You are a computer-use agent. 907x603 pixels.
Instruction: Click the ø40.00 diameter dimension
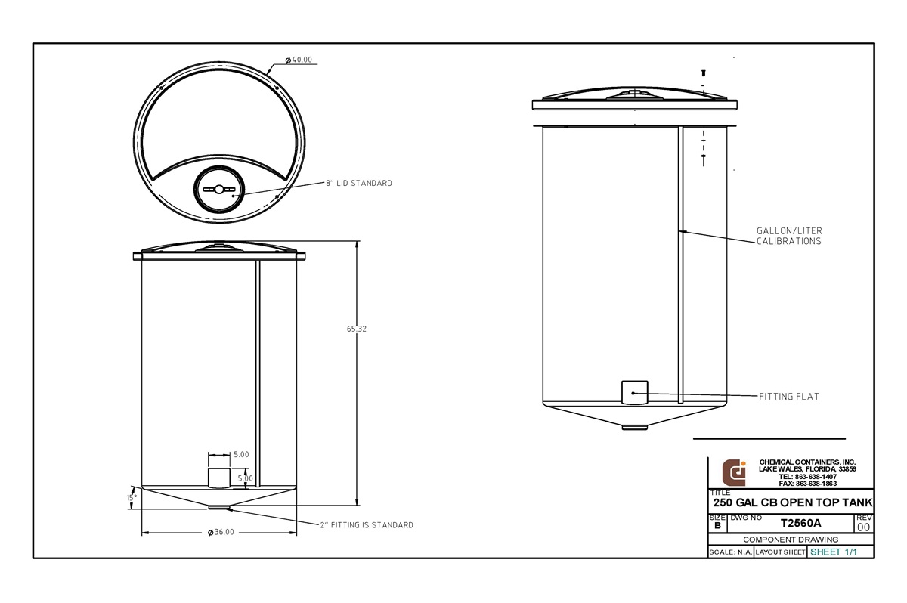click(299, 60)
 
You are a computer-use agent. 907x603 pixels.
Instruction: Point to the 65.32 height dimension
click(358, 329)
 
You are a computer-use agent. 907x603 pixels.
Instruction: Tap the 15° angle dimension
click(131, 498)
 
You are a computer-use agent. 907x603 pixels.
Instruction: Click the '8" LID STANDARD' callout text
click(359, 184)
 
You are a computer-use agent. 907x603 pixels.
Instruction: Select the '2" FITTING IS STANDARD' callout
click(366, 525)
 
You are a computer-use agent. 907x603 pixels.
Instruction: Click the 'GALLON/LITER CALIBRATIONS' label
click(789, 236)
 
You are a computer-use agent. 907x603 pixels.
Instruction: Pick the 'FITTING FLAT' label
click(789, 396)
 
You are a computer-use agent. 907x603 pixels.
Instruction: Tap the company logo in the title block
click(734, 472)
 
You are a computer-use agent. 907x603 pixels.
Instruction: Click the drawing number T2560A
click(800, 523)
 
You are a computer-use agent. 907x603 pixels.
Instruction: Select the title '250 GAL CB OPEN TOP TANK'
click(793, 503)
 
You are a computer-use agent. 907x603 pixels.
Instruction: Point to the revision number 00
click(863, 527)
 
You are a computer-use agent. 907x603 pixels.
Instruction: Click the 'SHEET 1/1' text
click(834, 552)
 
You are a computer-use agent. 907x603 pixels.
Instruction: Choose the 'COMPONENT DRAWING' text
click(791, 540)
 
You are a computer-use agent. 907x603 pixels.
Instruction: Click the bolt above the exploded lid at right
click(704, 73)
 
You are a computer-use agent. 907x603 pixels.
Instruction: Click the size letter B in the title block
click(717, 525)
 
